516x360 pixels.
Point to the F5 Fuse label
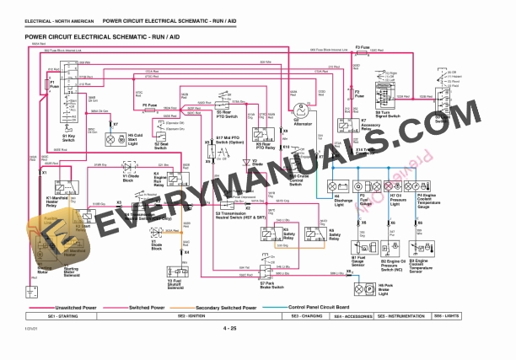pos(150,105)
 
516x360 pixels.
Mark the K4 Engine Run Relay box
pos(173,178)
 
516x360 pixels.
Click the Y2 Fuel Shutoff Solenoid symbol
pos(174,266)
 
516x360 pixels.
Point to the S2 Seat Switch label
pos(161,145)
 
